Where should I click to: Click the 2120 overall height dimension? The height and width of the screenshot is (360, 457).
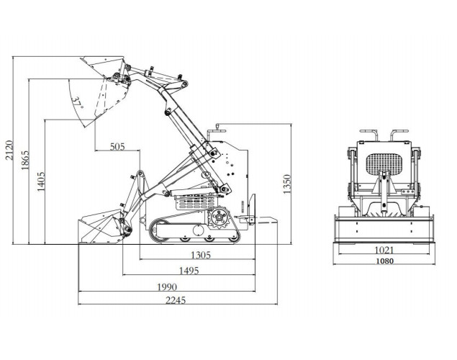9,148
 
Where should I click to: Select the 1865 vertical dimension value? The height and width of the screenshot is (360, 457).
26,160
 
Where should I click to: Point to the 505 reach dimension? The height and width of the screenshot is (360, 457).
117,146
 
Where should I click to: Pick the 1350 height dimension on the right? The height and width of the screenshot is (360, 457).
286,183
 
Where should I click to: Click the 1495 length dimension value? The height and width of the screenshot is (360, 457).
189,271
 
